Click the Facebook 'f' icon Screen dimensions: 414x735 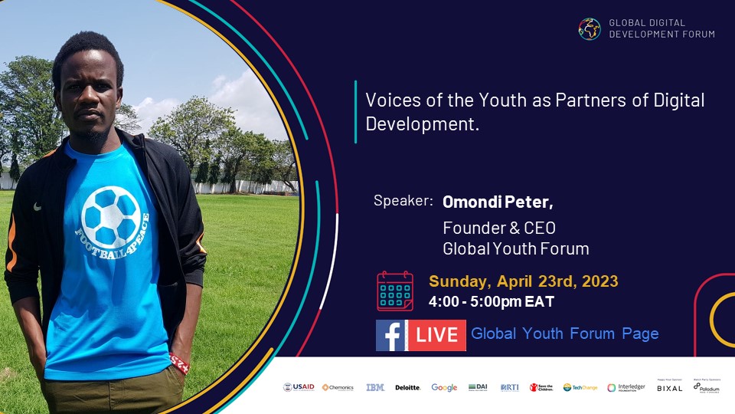point(390,335)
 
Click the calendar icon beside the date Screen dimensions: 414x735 point(395,291)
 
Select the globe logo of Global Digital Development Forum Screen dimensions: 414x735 point(590,28)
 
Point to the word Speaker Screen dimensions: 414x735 point(403,201)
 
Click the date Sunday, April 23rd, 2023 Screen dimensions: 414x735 point(524,281)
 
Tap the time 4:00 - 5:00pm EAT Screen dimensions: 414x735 point(491,301)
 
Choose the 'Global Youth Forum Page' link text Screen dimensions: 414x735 point(565,334)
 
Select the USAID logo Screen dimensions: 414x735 point(299,387)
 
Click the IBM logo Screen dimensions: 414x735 point(375,387)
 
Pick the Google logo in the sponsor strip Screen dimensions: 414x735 point(444,387)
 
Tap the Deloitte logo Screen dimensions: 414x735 point(408,387)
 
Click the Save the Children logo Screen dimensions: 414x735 point(541,387)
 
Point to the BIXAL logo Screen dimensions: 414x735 point(669,388)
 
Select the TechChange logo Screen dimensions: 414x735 point(580,387)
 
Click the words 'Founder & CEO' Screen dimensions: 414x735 point(499,228)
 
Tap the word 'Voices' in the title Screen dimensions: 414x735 point(390,100)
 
